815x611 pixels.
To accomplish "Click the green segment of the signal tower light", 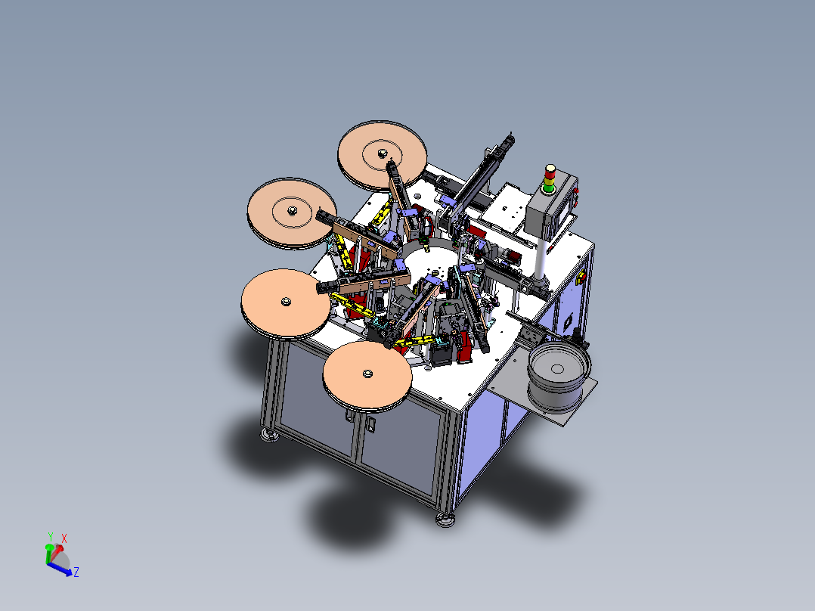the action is pyautogui.click(x=548, y=188).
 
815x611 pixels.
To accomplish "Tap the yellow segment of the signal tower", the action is pyautogui.click(x=549, y=181).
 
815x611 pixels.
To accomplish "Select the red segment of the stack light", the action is pyautogui.click(x=550, y=174).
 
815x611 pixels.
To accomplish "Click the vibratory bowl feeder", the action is pyautogui.click(x=559, y=375).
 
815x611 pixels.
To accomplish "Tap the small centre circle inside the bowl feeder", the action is pyautogui.click(x=557, y=369).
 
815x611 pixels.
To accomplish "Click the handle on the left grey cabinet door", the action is pyautogui.click(x=347, y=414).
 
